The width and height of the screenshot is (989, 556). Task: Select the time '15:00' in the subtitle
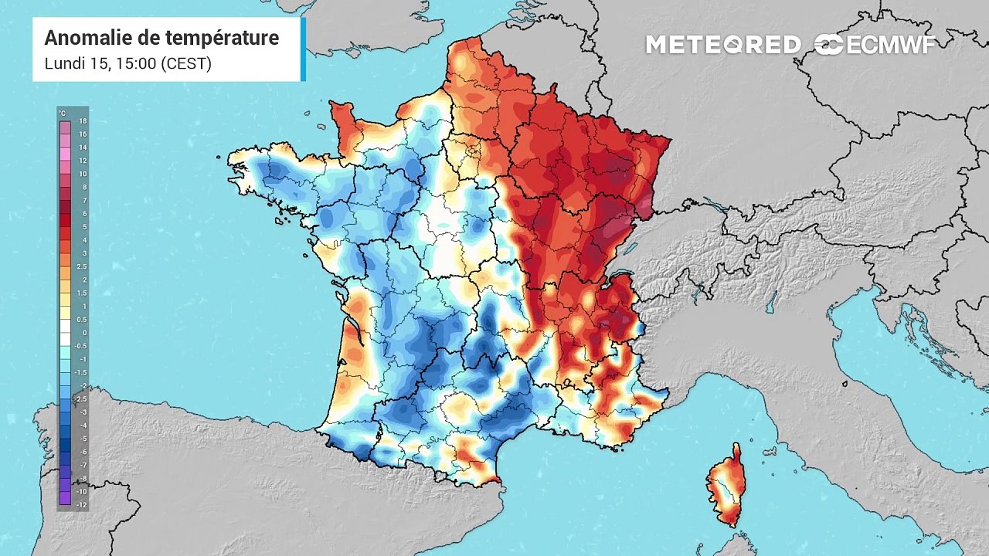click(135, 63)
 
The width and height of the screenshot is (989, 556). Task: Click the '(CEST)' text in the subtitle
click(186, 63)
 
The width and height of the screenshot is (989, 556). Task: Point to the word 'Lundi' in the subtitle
click(65, 63)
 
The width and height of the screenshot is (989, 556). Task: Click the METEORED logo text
click(723, 45)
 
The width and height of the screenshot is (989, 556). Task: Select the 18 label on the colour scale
click(83, 121)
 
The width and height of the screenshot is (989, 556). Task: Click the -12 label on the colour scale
click(82, 505)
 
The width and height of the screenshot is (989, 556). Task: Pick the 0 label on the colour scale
click(84, 333)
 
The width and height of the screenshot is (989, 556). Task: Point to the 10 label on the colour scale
click(83, 174)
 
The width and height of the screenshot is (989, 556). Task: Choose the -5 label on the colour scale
click(83, 439)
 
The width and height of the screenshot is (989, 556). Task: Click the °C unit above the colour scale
click(63, 114)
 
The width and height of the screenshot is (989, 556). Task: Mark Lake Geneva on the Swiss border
click(618, 275)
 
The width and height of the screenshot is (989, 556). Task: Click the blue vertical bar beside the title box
click(303, 49)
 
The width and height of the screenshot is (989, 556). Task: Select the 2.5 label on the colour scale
click(82, 266)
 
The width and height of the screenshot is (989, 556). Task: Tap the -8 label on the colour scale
click(83, 478)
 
